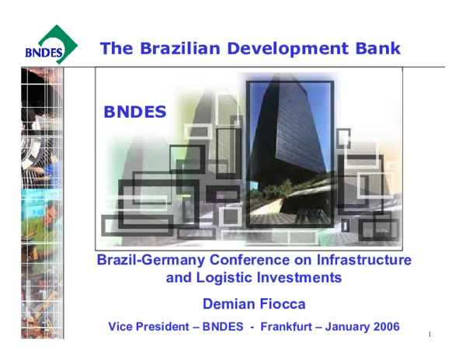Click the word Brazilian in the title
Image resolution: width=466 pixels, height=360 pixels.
(172, 48)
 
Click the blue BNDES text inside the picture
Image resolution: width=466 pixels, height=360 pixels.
(135, 112)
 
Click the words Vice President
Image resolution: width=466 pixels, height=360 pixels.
(148, 327)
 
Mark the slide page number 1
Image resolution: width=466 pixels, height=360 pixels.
(429, 334)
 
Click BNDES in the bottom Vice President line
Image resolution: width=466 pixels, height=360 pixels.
(223, 327)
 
